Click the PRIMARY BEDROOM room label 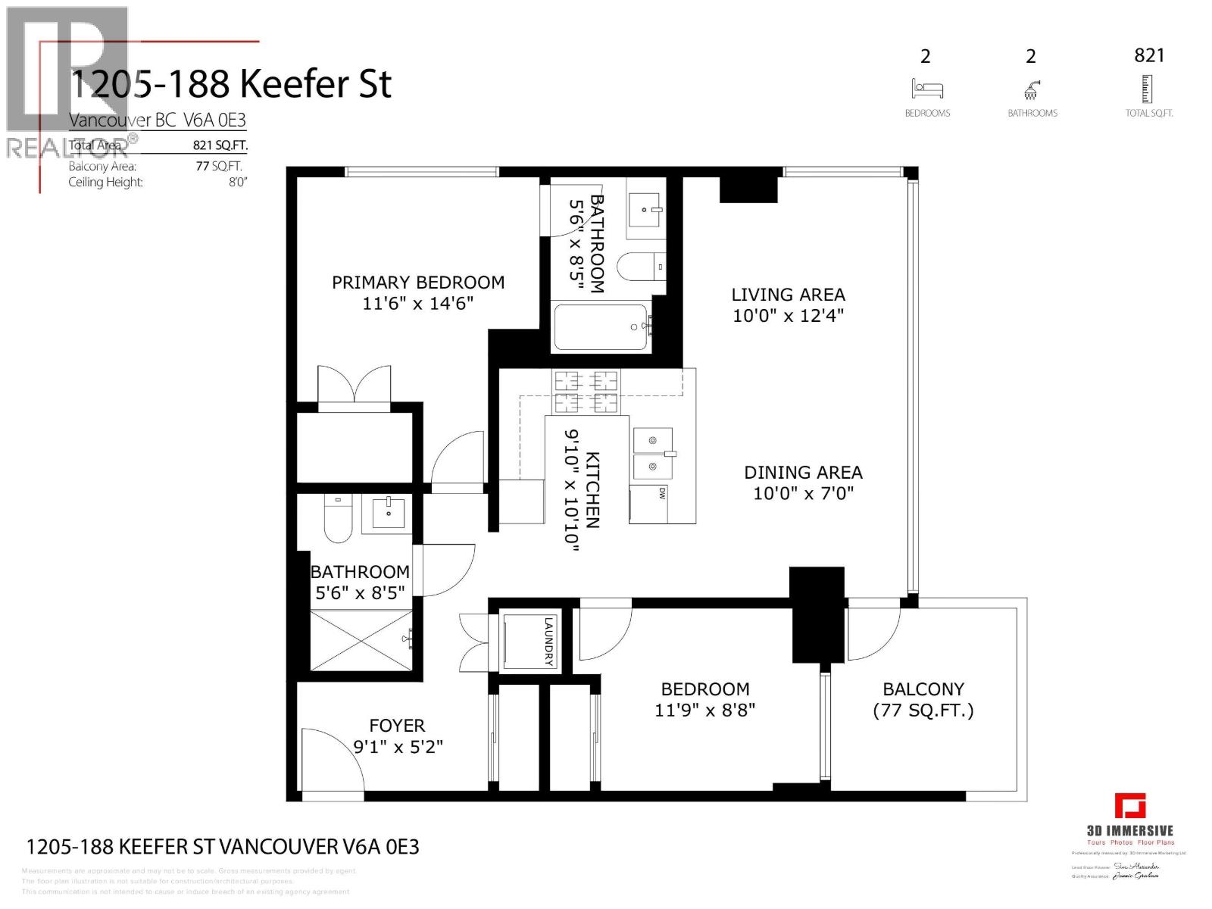tap(417, 283)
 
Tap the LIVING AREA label tap(788, 295)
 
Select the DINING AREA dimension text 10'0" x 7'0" tap(803, 493)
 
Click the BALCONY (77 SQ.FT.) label tap(923, 699)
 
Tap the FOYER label tap(397, 726)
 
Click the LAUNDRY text tap(549, 641)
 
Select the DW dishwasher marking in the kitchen tap(661, 493)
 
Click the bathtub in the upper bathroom tap(601, 327)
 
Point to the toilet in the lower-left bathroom tap(338, 517)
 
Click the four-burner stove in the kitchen tap(585, 392)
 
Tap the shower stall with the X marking tap(361, 640)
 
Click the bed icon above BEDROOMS tap(927, 89)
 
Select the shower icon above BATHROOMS tap(1031, 90)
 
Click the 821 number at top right tap(1149, 55)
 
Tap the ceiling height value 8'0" tap(238, 182)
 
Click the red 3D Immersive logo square tap(1129, 805)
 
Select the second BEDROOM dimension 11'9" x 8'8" tap(704, 710)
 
